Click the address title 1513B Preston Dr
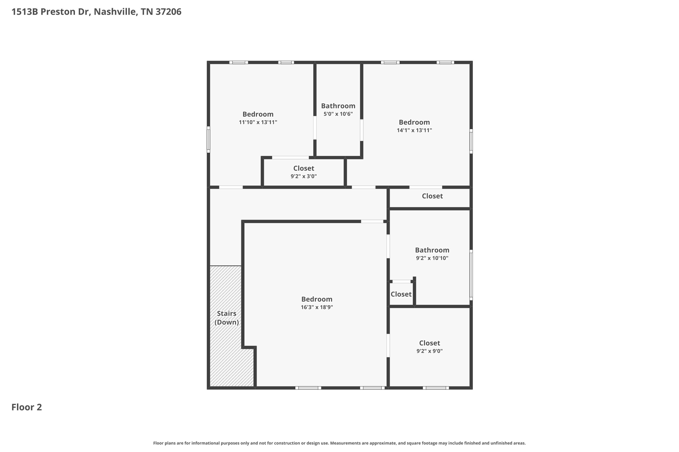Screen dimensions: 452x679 pos(96,12)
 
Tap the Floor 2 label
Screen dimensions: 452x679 pos(27,407)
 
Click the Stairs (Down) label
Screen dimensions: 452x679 pos(226,318)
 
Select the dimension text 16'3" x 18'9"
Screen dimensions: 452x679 pos(317,307)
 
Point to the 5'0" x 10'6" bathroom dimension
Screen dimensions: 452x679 pos(338,114)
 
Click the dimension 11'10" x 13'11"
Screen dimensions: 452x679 pos(258,122)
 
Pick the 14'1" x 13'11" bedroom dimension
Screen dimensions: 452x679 pos(414,130)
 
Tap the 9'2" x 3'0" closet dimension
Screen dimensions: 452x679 pos(303,176)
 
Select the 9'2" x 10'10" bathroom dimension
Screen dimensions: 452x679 pos(432,258)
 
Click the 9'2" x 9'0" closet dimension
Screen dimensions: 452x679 pos(429,351)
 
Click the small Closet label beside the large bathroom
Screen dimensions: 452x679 pos(401,294)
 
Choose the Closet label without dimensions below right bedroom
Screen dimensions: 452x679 pos(432,196)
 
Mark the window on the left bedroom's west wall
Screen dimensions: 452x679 pos(209,139)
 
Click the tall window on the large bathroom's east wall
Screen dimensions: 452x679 pos(471,275)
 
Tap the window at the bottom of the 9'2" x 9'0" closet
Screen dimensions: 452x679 pos(436,388)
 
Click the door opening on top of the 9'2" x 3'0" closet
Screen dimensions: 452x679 pos(290,158)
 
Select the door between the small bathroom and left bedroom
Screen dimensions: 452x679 pos(315,128)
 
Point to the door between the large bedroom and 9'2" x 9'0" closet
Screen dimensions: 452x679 pos(388,346)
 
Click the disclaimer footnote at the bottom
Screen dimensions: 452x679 pos(339,443)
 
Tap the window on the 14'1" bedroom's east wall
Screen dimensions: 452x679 pos(471,141)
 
